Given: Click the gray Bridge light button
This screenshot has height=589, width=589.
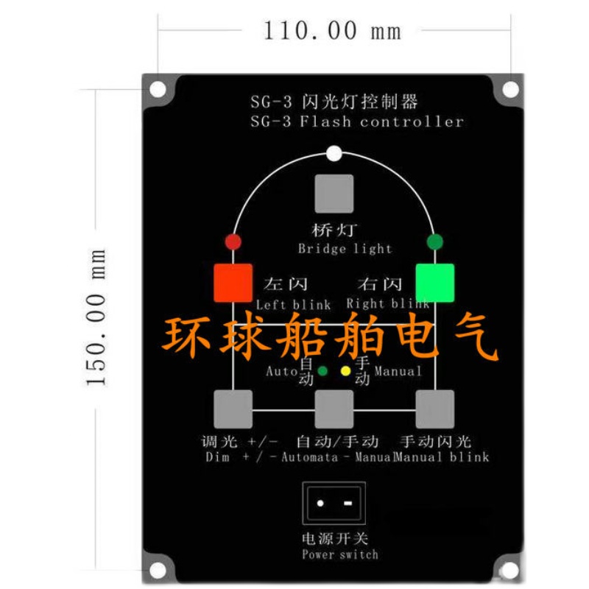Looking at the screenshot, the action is coord(334,194).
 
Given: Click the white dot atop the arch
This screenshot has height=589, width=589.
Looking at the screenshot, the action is coord(334,155).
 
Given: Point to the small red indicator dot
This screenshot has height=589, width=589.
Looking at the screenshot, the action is coord(233,241).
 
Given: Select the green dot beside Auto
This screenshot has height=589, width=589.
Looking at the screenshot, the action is coord(322,370).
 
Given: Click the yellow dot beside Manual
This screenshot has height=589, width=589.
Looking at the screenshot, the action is coord(345,370).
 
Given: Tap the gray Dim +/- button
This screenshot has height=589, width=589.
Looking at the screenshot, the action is coord(233,409).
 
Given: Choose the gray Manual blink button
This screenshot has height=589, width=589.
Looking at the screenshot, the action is coord(435,409).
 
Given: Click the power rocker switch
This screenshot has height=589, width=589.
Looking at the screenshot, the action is coord(334,504).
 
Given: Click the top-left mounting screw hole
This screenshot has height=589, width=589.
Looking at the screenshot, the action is coord(158,90).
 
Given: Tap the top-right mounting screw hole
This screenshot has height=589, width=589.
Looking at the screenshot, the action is coord(509,90).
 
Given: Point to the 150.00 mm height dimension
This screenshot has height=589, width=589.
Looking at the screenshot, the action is coord(96,317).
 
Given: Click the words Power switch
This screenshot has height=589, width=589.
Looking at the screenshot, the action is coord(339,554).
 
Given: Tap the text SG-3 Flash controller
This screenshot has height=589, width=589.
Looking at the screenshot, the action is coord(356,122).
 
